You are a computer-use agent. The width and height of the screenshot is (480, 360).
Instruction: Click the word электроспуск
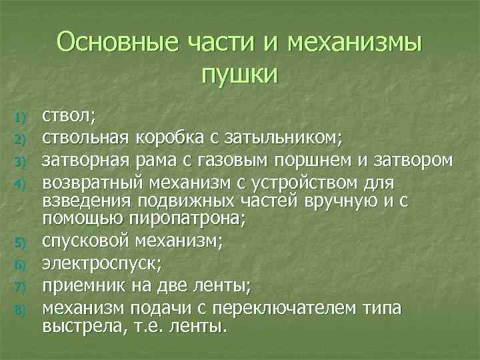click(x=101, y=265)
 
